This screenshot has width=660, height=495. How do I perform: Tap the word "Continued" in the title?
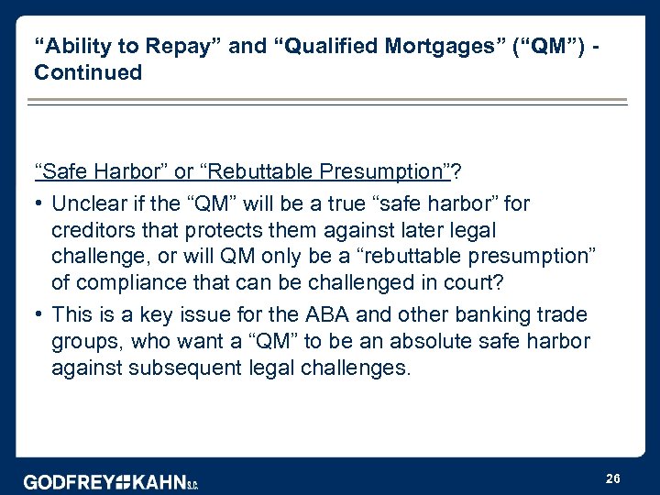[x=88, y=72]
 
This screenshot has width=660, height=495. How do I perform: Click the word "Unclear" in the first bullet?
[x=90, y=203]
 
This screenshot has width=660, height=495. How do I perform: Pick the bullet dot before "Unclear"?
[x=39, y=203]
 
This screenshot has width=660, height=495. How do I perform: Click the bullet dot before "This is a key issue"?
[x=39, y=314]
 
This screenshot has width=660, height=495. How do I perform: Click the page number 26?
[x=612, y=478]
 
